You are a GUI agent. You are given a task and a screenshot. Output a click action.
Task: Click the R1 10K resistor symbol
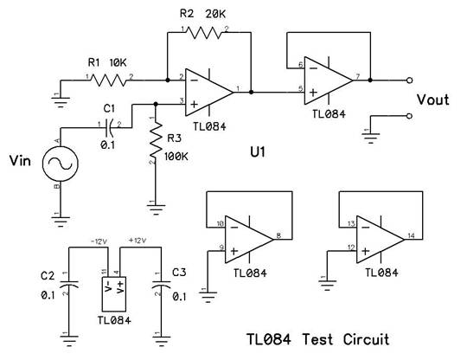click(x=109, y=80)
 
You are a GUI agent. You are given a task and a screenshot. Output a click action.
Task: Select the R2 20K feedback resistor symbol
click(x=204, y=33)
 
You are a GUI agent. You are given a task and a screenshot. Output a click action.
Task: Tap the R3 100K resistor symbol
click(x=156, y=139)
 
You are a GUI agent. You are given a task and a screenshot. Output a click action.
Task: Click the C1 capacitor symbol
click(x=109, y=128)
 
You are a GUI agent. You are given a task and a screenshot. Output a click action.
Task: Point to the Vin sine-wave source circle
click(x=61, y=164)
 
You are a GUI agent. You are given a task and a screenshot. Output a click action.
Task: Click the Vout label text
click(x=432, y=100)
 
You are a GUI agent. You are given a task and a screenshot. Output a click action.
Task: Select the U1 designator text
click(x=258, y=152)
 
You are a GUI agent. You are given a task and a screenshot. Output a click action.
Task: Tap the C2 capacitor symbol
click(x=69, y=284)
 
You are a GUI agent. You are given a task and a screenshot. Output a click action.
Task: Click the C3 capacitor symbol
click(x=161, y=284)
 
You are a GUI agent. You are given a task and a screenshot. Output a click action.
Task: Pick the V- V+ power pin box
click(x=114, y=294)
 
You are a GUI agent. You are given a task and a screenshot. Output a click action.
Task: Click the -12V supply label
click(x=99, y=241)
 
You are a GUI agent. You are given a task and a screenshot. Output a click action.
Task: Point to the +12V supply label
click(x=138, y=241)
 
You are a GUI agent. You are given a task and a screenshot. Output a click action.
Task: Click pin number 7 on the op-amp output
click(x=358, y=76)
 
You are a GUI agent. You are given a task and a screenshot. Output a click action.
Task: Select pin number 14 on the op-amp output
click(x=411, y=235)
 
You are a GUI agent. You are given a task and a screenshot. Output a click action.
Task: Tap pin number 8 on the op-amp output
click(x=278, y=235)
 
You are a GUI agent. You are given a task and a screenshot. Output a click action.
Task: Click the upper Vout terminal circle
click(x=410, y=80)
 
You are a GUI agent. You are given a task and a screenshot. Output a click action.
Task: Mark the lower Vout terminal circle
click(x=410, y=116)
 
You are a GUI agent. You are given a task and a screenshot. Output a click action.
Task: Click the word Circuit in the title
click(x=366, y=339)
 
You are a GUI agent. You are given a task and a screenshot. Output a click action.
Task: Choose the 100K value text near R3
click(x=176, y=157)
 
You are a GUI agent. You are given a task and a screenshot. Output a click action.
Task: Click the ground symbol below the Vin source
click(x=61, y=221)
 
